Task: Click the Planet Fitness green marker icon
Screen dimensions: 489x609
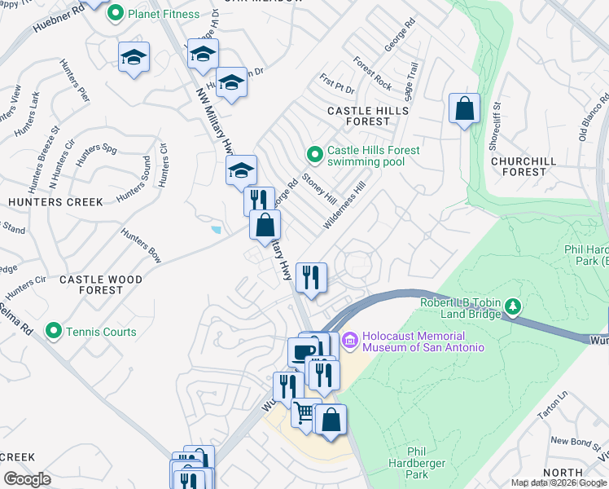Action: point(116,14)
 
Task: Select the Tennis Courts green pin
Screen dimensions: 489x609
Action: point(54,331)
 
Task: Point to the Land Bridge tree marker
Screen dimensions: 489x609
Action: point(512,306)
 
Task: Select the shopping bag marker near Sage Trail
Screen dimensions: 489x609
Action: point(464,108)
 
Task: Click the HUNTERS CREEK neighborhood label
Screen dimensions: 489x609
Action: point(55,201)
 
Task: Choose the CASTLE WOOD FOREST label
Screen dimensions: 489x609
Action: point(102,284)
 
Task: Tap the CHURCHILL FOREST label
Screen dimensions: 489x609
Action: point(519,166)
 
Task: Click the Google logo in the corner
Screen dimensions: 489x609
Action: point(27,478)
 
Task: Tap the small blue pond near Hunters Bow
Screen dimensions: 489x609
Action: point(216,229)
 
